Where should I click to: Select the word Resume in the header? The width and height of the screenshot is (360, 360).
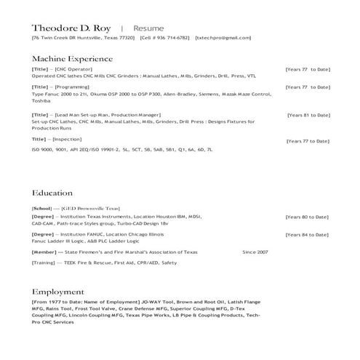pyautogui.click(x=148, y=27)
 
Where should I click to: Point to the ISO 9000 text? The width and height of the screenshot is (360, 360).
pyautogui.click(x=41, y=149)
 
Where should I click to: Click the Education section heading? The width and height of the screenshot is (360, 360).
pyautogui.click(x=52, y=193)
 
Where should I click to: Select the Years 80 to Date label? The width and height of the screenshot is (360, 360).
pyautogui.click(x=306, y=217)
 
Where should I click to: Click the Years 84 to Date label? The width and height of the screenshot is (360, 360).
pyautogui.click(x=306, y=235)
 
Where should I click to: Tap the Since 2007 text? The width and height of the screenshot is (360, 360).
pyautogui.click(x=255, y=252)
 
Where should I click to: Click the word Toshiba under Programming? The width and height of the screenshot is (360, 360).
pyautogui.click(x=41, y=102)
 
